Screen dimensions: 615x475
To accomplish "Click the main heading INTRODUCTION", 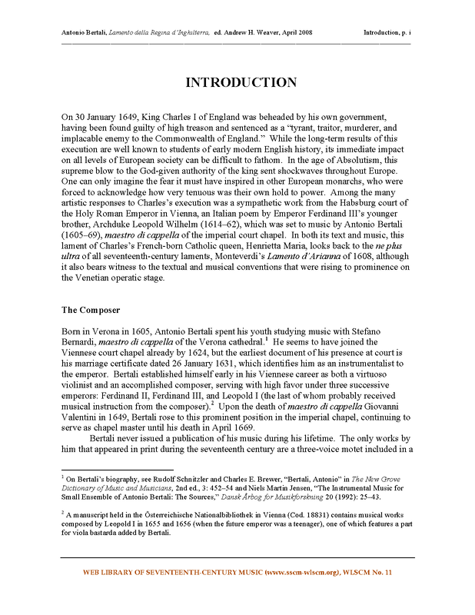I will click(240, 83).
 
